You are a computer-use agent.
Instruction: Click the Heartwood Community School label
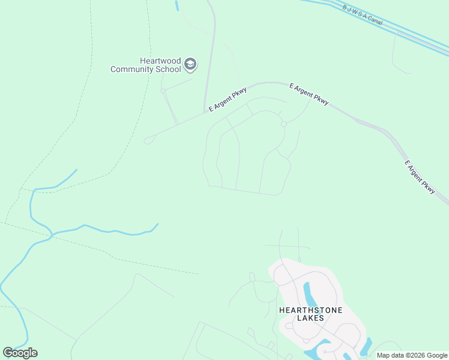pyautogui.click(x=146, y=65)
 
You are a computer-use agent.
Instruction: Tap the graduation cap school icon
pyautogui.click(x=190, y=64)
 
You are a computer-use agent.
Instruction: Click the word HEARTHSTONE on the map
pyautogui.click(x=310, y=310)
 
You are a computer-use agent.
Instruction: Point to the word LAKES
pyautogui.click(x=310, y=318)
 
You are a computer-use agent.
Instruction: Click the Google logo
pyautogui.click(x=20, y=352)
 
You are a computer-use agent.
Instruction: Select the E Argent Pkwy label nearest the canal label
pyautogui.click(x=309, y=94)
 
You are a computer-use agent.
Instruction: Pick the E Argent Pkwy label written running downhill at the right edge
pyautogui.click(x=420, y=176)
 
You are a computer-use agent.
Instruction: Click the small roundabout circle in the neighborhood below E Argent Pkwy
pyautogui.click(x=283, y=124)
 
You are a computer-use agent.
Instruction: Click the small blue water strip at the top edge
pyautogui.click(x=177, y=5)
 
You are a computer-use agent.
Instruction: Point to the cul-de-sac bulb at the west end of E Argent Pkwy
pyautogui.click(x=148, y=141)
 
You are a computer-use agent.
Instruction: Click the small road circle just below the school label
pyautogui.click(x=163, y=91)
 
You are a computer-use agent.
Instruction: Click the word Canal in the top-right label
pyautogui.click(x=374, y=20)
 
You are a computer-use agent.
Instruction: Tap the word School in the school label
pyautogui.click(x=168, y=69)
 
